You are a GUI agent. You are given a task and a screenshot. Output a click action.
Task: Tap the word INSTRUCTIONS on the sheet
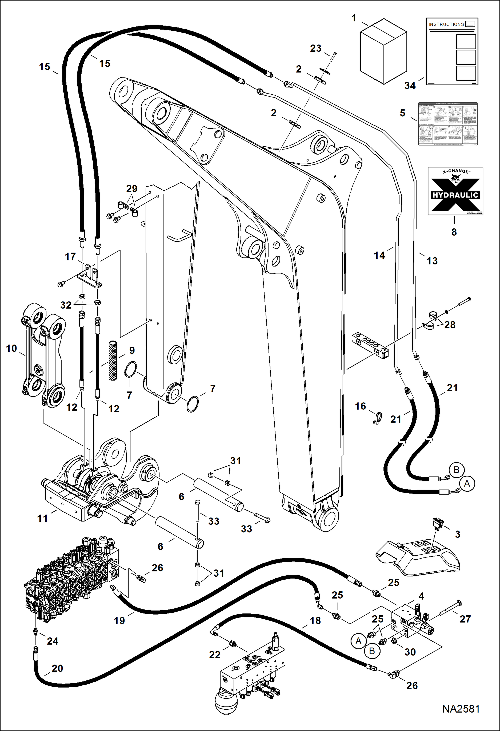[446, 24]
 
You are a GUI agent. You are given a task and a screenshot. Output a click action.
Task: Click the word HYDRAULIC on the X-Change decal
[455, 195]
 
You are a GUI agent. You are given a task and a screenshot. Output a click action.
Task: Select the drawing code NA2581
[461, 709]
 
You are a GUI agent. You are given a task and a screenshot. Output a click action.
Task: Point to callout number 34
[410, 86]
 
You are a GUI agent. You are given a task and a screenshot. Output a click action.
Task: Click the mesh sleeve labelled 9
[113, 360]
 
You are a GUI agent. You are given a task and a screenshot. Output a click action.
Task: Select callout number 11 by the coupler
[42, 518]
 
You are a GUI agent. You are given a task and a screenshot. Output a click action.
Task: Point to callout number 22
[215, 655]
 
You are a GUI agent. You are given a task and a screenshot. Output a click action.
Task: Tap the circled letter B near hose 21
[456, 470]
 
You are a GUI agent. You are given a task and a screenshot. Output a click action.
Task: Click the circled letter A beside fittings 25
[358, 641]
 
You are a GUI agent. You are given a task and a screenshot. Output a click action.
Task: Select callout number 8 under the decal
[454, 232]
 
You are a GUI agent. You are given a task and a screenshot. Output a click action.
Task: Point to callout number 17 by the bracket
[70, 256]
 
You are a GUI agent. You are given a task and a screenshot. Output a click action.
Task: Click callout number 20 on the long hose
[57, 668]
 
